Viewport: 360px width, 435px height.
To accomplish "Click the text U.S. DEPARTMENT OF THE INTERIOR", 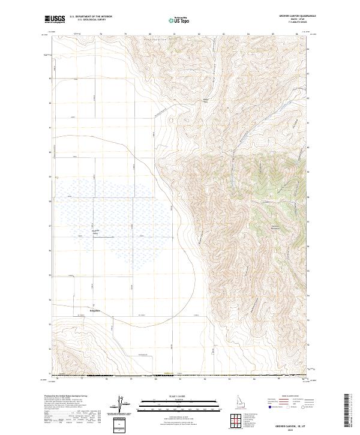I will coord(91,17).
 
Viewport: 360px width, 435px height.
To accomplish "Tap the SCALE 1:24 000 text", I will coord(180,395).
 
